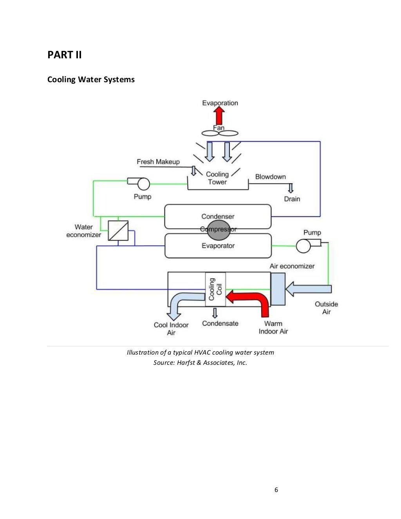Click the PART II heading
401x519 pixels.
65,55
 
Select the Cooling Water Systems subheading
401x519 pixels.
91,79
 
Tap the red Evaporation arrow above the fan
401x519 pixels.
219,116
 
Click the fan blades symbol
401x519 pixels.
220,133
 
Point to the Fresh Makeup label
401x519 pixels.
158,162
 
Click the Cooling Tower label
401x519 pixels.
217,178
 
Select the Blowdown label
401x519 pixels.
271,177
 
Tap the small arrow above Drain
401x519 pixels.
291,188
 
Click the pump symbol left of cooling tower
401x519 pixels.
141,183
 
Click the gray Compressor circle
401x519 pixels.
219,231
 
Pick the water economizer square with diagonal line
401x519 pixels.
118,231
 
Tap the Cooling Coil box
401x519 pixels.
215,289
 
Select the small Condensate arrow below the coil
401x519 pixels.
215,313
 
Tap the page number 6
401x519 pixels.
276,490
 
